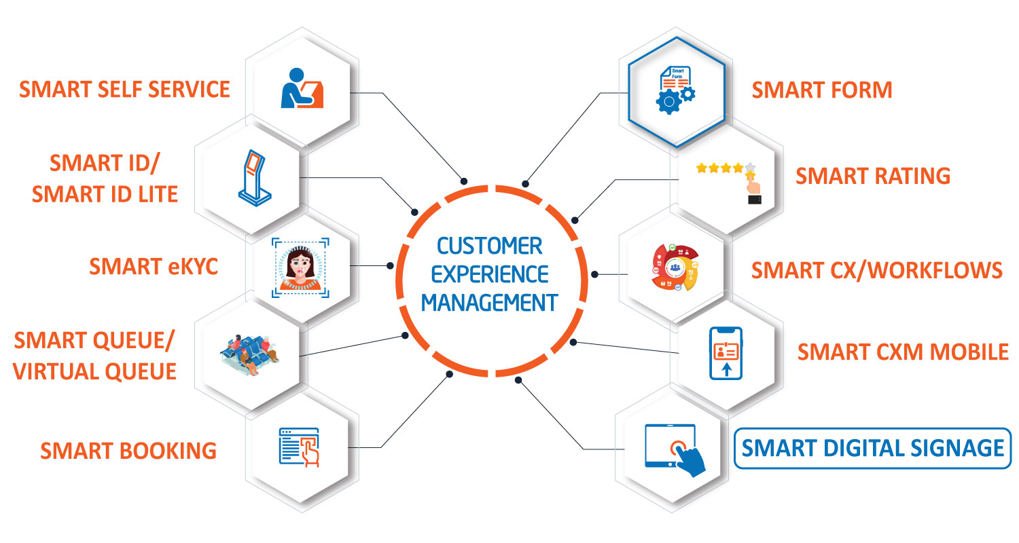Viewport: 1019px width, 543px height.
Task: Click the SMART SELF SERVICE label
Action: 124,89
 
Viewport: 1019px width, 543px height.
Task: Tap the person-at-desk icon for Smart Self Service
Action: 302,88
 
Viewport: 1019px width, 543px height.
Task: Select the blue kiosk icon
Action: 255,178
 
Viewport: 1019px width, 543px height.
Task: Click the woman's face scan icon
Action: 300,268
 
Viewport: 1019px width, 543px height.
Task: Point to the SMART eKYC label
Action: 154,266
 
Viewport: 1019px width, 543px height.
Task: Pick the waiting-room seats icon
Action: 249,355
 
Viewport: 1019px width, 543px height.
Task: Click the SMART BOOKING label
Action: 128,451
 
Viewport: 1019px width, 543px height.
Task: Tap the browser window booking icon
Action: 300,447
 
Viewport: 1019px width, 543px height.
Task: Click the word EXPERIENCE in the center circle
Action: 490,274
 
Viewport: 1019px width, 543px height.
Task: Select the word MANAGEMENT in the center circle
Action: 490,303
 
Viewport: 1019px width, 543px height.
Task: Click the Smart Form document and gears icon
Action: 676,90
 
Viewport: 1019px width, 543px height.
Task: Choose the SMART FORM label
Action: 821,90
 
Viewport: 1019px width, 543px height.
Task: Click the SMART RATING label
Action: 873,176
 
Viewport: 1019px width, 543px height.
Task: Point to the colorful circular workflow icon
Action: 675,267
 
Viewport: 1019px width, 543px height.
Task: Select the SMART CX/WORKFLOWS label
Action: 876,270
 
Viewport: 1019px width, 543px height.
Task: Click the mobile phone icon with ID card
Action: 726,353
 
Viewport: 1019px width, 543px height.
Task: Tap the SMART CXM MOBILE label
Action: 903,352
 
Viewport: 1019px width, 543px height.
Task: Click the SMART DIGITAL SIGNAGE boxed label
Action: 872,448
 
